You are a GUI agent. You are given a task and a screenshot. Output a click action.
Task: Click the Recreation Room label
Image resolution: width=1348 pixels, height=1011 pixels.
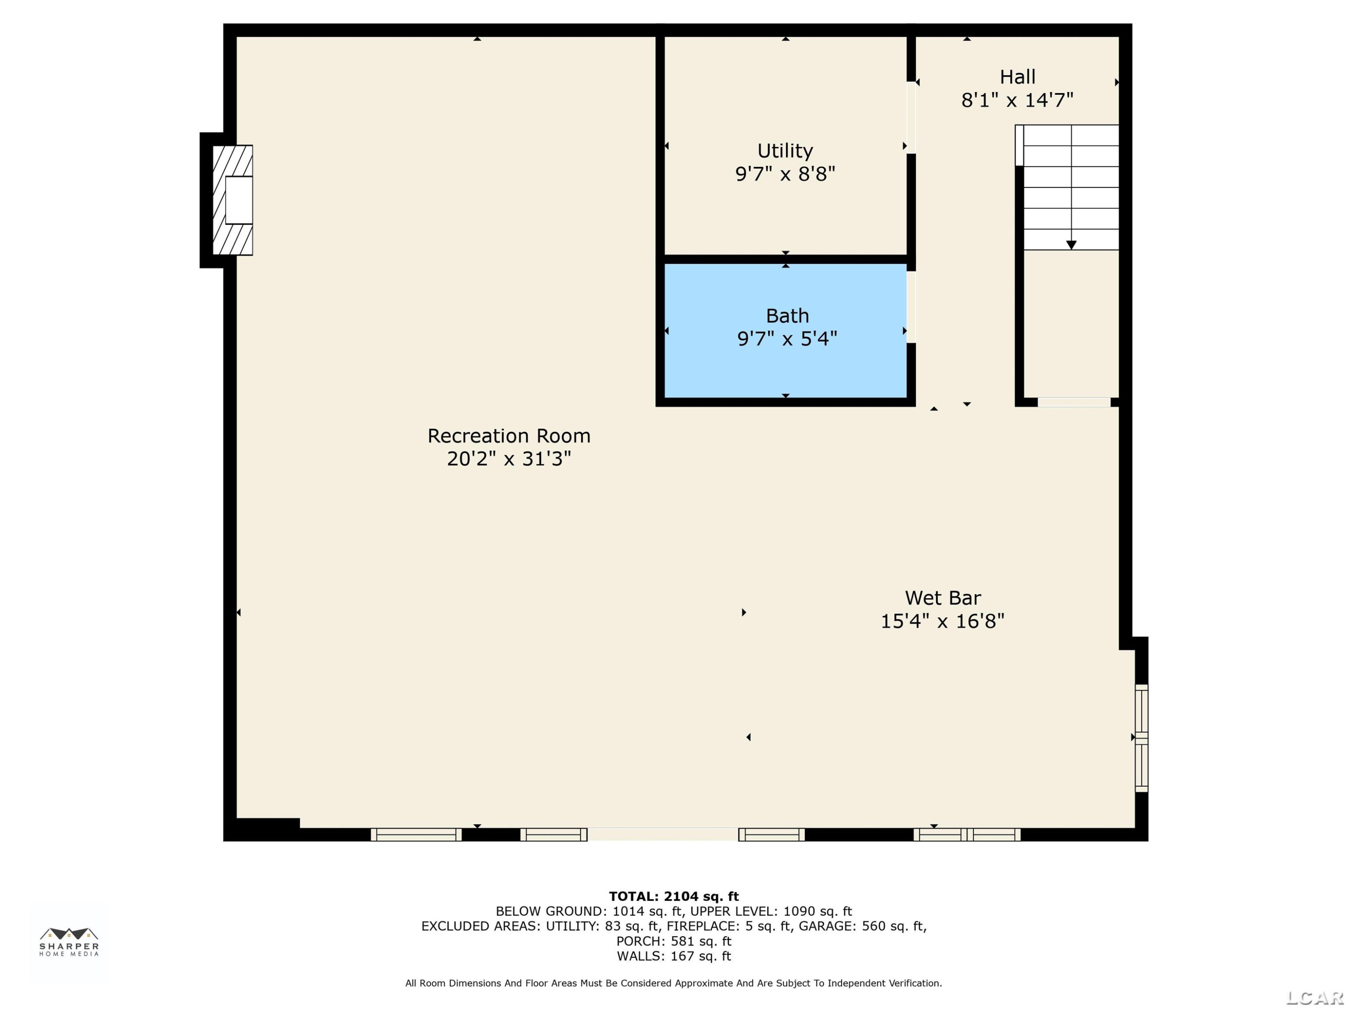[509, 436]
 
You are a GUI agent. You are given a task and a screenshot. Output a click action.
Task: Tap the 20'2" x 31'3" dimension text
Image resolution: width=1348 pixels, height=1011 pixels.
[509, 458]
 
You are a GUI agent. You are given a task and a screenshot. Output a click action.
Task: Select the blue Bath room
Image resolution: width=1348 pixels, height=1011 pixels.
[785, 330]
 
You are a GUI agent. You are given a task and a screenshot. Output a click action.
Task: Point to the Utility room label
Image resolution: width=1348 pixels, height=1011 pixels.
[785, 151]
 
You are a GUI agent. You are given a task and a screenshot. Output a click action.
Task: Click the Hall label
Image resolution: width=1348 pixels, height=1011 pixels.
[1017, 77]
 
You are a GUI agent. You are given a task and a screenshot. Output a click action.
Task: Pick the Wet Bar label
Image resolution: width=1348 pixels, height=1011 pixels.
[943, 598]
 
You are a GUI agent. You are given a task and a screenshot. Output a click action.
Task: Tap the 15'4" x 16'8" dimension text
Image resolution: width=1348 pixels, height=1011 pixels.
[943, 621]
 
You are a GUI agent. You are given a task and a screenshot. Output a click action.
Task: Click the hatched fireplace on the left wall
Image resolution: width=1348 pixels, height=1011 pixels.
[232, 200]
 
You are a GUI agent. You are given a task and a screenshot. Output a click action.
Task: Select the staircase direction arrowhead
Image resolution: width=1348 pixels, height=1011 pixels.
[1071, 245]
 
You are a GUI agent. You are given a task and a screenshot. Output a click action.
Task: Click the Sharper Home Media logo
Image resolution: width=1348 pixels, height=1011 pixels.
[69, 941]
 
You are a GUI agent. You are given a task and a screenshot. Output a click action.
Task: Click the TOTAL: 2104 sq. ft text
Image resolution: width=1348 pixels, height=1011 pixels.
[674, 896]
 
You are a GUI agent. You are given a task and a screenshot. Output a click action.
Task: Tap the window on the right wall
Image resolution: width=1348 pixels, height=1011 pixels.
[1141, 738]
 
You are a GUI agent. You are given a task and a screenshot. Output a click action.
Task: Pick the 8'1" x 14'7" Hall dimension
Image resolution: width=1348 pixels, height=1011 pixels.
[1017, 100]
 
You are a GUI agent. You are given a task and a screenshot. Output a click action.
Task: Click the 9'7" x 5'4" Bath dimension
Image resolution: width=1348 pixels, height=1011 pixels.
[787, 338]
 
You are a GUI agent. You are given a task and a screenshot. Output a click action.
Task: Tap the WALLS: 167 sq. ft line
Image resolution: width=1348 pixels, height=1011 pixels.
[674, 956]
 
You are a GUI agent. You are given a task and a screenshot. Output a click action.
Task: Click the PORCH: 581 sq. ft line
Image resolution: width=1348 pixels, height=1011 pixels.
[674, 941]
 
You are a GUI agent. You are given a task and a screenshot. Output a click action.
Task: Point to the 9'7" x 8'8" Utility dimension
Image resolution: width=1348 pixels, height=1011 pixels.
[785, 174]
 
